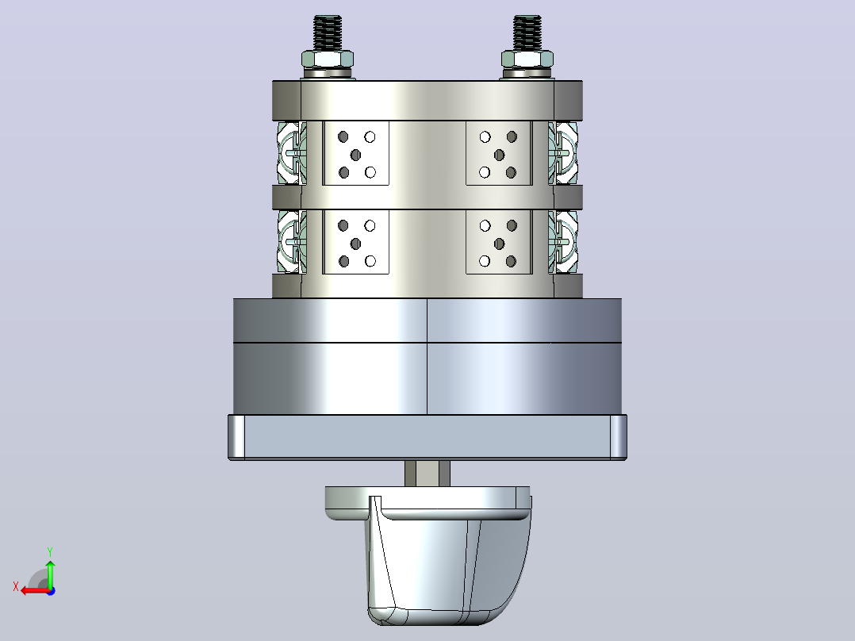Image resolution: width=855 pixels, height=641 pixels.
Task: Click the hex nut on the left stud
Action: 327,59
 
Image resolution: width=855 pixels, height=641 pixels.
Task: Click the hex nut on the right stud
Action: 527,59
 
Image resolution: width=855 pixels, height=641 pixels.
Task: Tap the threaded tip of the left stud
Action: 328,33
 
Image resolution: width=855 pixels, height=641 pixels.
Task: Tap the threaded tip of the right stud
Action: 527,33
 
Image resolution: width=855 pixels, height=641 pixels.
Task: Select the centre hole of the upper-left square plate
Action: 355,155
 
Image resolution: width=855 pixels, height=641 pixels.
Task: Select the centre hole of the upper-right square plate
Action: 499,155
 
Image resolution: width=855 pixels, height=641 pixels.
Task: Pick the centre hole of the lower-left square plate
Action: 355,244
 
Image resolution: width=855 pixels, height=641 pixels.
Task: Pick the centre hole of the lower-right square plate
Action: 499,244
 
